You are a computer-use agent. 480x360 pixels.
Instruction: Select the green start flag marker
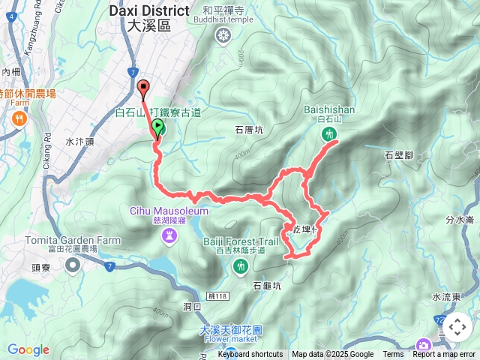[x=158, y=127]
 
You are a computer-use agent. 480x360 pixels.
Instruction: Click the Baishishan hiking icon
[x=328, y=135]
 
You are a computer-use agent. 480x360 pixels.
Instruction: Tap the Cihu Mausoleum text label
[x=169, y=211]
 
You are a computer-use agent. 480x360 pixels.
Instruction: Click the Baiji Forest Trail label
[x=241, y=241]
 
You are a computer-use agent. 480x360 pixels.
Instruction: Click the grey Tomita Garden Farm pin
[x=72, y=265]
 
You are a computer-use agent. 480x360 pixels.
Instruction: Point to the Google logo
[x=28, y=349]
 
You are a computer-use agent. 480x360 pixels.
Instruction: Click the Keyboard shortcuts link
[x=250, y=355]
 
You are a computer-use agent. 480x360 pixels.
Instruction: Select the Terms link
[x=393, y=355]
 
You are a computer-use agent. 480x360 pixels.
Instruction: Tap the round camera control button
[x=457, y=327]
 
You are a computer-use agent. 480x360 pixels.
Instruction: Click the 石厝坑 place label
[x=249, y=130]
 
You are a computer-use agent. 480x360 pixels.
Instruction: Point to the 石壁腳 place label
[x=399, y=155]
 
